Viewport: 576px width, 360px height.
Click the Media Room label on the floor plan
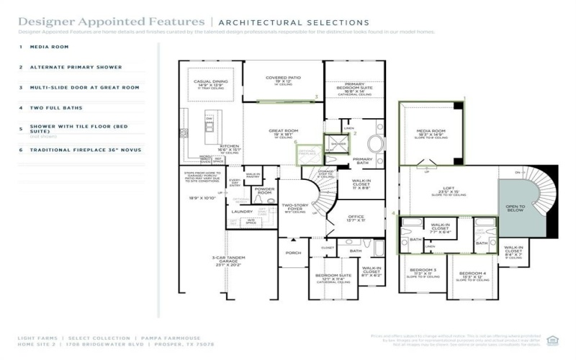pos(431,132)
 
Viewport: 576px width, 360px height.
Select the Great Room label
pos(283,132)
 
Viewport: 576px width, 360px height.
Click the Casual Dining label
pos(211,83)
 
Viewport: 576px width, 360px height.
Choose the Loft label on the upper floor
pos(449,189)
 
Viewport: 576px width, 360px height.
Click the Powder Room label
pos(264,192)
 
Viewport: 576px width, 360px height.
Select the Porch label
pos(294,253)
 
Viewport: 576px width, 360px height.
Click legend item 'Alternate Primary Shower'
pos(76,67)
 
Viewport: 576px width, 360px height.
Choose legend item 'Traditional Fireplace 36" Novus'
pos(85,150)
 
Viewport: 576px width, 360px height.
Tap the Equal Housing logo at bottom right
pos(552,340)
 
